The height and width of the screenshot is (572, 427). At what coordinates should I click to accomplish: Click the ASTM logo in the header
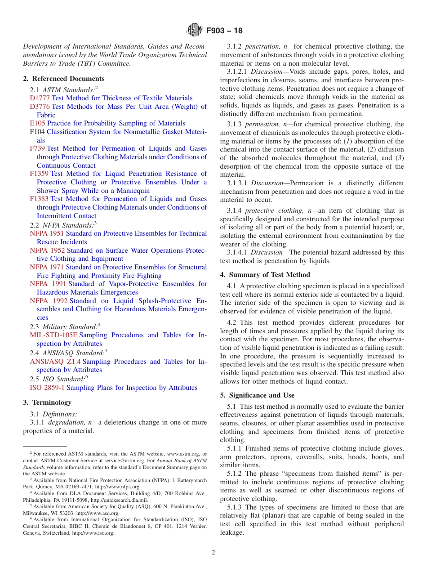(195, 31)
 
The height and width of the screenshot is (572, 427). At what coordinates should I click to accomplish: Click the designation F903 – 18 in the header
(224, 31)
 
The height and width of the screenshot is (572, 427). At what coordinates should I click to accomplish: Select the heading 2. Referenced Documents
(63, 78)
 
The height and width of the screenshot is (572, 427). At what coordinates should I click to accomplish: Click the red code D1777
(40, 98)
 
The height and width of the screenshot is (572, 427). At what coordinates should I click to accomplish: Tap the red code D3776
(40, 107)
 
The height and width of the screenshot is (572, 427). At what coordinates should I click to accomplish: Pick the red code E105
(37, 123)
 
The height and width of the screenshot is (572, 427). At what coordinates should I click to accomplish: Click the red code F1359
(39, 174)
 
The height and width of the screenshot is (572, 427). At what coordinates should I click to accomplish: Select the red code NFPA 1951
(47, 233)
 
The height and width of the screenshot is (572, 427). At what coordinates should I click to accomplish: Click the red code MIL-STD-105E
(53, 335)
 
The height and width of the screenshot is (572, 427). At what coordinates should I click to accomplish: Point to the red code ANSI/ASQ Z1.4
(55, 362)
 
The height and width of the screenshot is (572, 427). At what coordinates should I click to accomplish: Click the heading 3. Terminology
(47, 402)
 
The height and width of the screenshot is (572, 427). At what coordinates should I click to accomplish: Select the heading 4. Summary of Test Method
(265, 275)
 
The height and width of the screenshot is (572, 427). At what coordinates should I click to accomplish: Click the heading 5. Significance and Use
(257, 395)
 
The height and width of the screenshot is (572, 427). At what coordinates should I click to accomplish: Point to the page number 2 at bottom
(213, 553)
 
